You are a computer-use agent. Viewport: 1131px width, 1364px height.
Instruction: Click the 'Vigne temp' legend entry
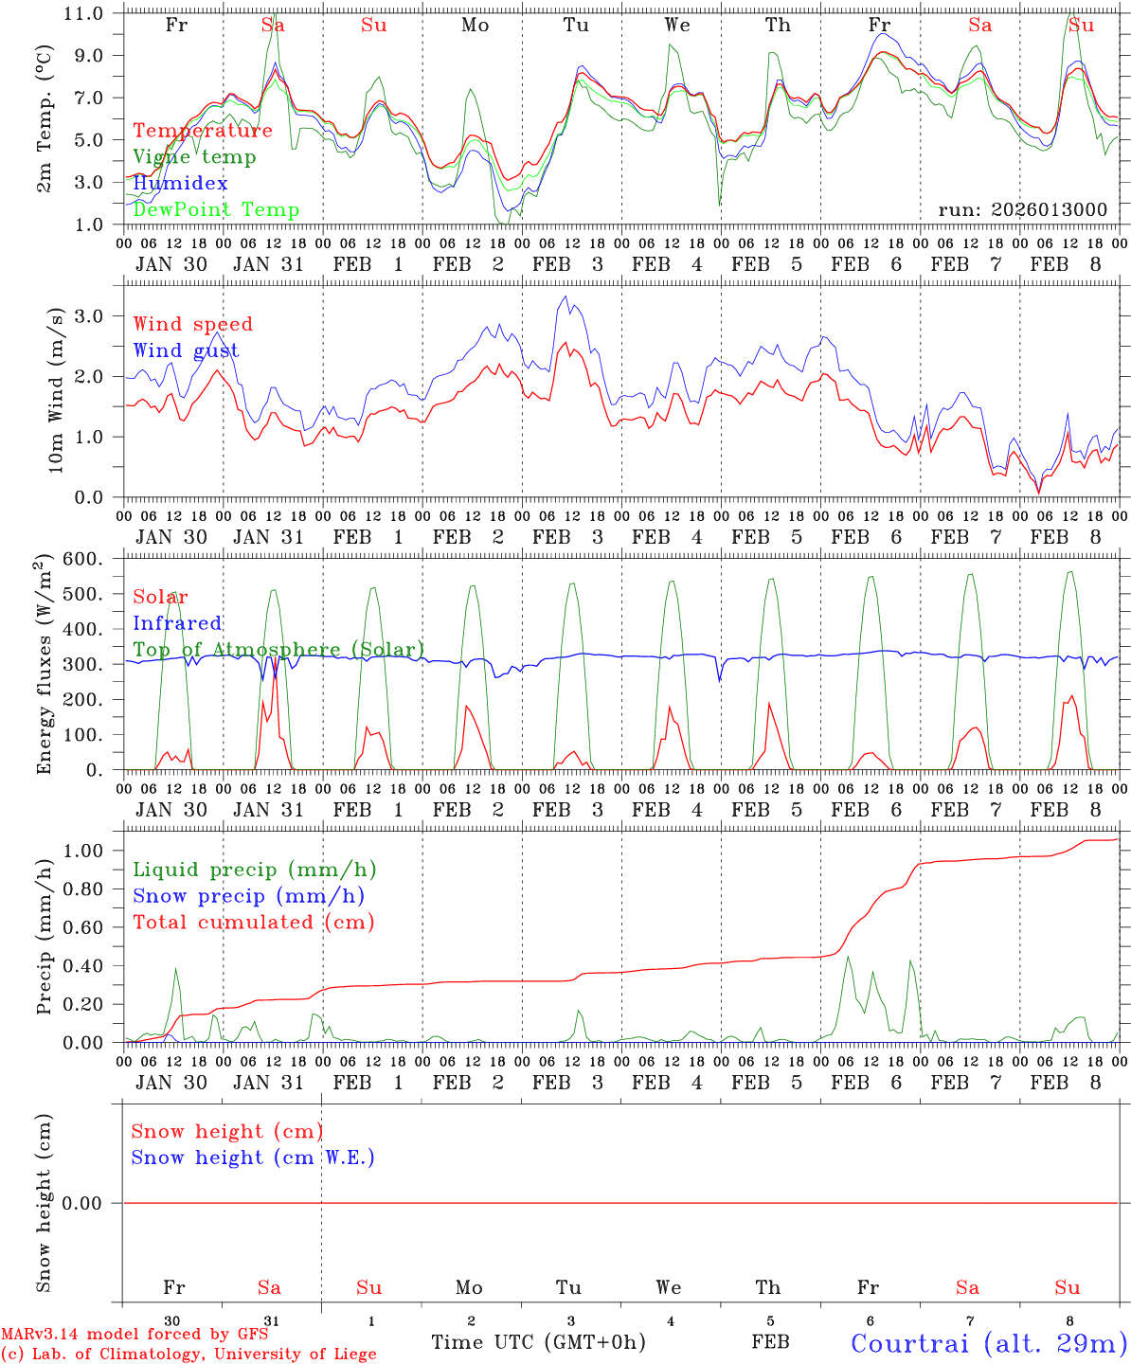click(x=194, y=157)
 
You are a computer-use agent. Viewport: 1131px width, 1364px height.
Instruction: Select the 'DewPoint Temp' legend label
click(x=216, y=210)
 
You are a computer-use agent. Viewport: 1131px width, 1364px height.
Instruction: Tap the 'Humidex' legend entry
click(x=180, y=184)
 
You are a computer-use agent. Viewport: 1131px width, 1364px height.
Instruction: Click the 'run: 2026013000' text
click(x=1022, y=210)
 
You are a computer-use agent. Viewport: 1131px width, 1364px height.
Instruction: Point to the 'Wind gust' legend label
click(x=186, y=350)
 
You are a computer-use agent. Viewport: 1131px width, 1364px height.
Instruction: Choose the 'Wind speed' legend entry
click(x=193, y=324)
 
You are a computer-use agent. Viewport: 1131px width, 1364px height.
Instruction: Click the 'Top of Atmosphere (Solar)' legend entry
click(x=278, y=650)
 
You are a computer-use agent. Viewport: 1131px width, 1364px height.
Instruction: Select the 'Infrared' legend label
click(x=177, y=623)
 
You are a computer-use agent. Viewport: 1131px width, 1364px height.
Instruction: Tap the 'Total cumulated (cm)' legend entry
click(x=254, y=922)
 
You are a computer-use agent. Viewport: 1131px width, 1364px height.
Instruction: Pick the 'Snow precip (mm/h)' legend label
click(x=248, y=896)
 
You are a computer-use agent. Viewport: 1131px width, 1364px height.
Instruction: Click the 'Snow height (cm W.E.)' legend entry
click(x=253, y=1158)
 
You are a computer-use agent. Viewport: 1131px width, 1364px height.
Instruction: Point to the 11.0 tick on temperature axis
click(x=86, y=14)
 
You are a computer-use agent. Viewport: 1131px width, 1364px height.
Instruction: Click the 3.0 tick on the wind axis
click(x=94, y=315)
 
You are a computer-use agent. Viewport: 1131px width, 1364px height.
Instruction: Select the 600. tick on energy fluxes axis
click(x=84, y=560)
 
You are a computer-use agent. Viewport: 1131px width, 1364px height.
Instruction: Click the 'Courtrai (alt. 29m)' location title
click(x=988, y=1342)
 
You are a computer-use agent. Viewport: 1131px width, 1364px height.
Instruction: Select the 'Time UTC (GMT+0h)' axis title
click(x=539, y=1342)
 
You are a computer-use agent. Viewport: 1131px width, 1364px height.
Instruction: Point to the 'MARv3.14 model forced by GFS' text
click(x=135, y=1335)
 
